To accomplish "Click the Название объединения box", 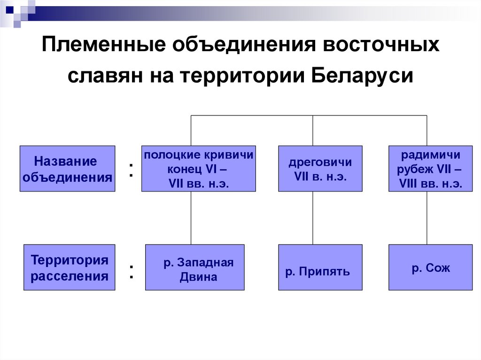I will [67, 169].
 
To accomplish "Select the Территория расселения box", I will [69, 268].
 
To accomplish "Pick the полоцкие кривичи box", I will [198, 169].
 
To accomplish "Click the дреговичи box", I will [320, 169].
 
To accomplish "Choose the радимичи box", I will [430, 169].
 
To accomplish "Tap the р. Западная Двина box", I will [194, 268].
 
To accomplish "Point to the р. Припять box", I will [320, 268].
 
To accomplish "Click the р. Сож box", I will [430, 268].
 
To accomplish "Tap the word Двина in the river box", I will [198, 277].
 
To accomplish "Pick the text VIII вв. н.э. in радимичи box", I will [430, 184].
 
